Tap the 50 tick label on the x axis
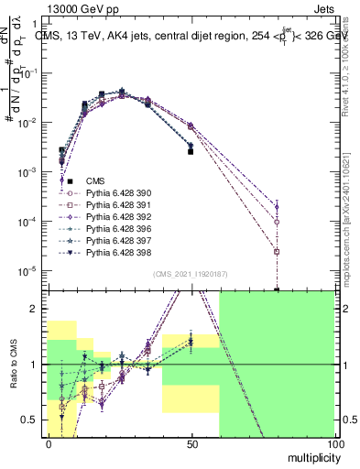pos(191,443)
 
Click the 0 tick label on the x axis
pos(49,443)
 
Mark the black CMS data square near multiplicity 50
pos(191,152)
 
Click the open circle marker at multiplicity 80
pos(277,222)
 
